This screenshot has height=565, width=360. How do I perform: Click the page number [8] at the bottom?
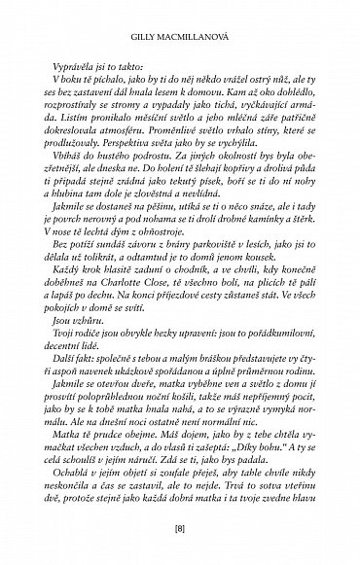180,527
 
